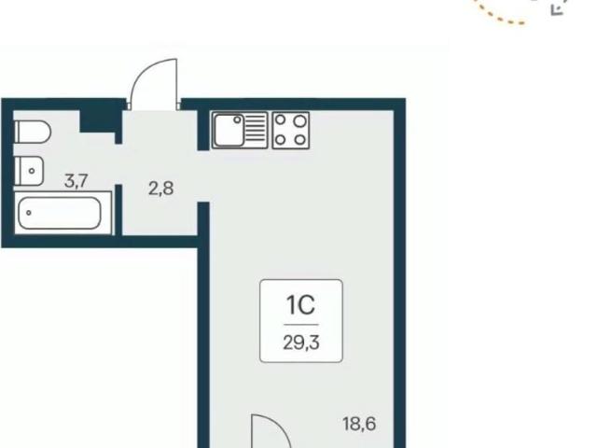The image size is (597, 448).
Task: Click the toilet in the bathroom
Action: (x=33, y=132)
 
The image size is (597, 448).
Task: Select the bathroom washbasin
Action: (x=29, y=171)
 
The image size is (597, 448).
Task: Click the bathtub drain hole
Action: (x=29, y=213)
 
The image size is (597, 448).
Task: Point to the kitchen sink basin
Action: (x=229, y=130)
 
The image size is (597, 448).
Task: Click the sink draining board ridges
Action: (x=256, y=128)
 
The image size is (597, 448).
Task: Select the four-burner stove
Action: (x=290, y=130)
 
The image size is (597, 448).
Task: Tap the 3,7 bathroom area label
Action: (x=76, y=181)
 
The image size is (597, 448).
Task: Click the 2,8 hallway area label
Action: (x=161, y=189)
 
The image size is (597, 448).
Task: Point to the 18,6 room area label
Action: (x=359, y=424)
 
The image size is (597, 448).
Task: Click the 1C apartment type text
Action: (x=300, y=305)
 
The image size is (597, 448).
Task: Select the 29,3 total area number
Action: (x=301, y=343)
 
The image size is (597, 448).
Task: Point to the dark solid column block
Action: (x=98, y=120)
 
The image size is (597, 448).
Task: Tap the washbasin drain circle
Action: (x=32, y=171)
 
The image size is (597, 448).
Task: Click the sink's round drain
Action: (x=237, y=120)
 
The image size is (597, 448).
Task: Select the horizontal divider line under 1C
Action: (x=300, y=325)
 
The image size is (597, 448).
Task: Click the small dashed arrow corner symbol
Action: (x=558, y=10)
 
